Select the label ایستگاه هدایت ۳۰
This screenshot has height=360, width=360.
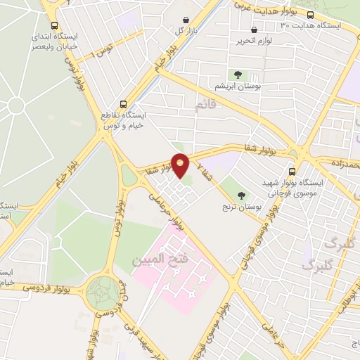point(309,25)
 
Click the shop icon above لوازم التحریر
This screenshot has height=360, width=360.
point(254,30)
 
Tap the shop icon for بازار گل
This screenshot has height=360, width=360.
point(184,20)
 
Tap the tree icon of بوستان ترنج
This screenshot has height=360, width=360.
point(243,195)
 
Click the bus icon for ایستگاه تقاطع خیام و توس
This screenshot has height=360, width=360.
point(124,102)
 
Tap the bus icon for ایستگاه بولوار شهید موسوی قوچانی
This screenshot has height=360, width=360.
point(292,171)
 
